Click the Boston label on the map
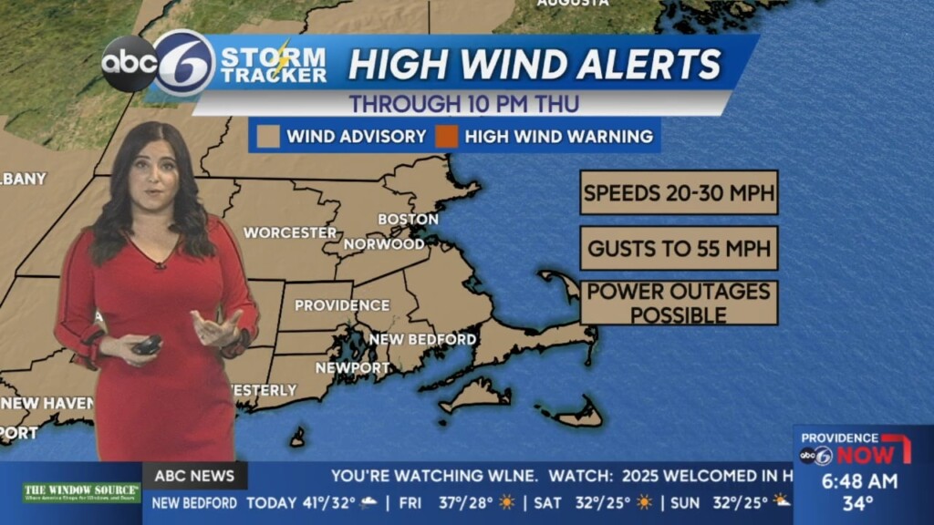point(408,219)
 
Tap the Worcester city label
point(290,232)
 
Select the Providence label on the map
point(341,305)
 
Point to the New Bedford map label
point(422,339)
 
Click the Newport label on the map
point(353,367)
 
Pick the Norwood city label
point(384,244)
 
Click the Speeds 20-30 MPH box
point(679,192)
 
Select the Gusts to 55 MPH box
point(679,248)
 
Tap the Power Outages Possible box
point(679,303)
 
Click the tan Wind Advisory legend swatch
point(268,137)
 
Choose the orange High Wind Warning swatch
point(446,137)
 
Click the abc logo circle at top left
point(128,63)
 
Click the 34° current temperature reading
point(857,503)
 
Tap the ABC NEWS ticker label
point(194,475)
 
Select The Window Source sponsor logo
point(81,492)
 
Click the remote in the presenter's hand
point(146,345)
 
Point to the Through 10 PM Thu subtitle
point(464,103)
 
